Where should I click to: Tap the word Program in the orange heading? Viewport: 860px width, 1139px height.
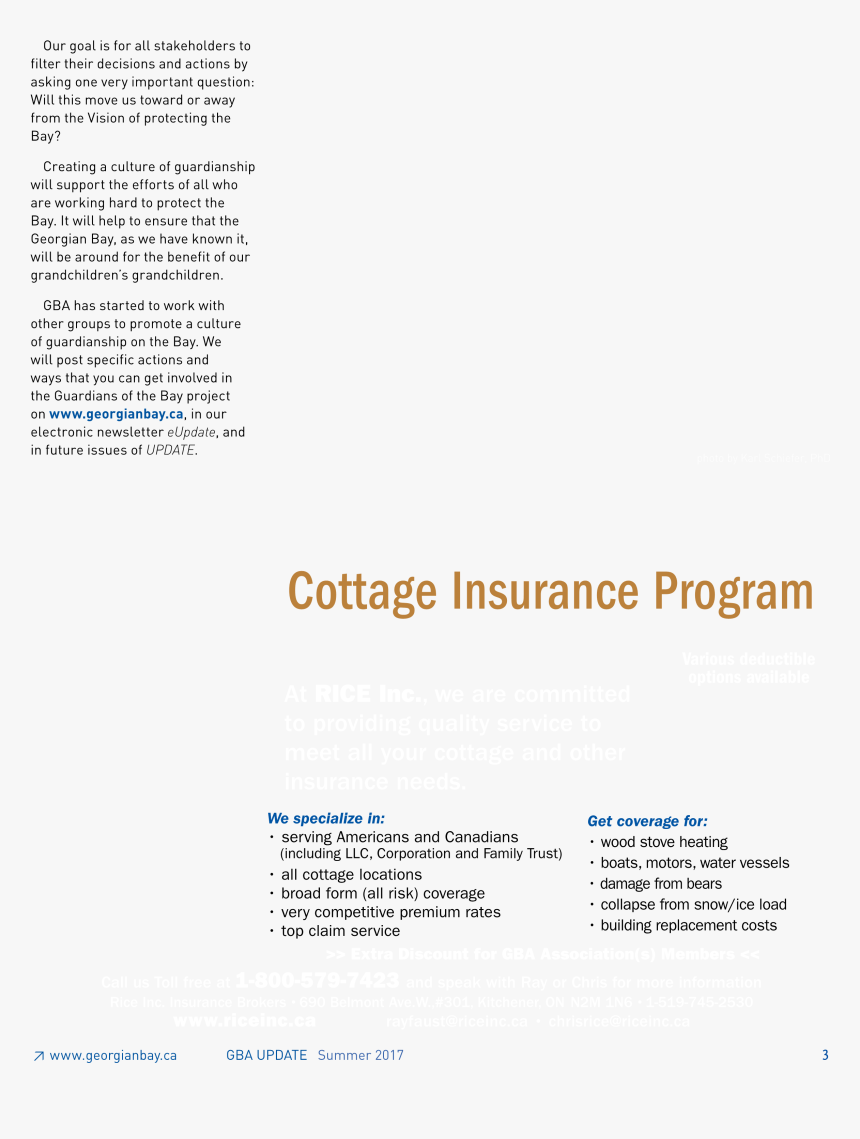[x=733, y=591]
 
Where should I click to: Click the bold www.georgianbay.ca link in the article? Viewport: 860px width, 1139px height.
[x=116, y=414]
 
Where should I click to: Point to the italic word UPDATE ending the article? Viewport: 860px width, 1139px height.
[x=170, y=450]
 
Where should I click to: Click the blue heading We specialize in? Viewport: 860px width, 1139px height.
[x=326, y=818]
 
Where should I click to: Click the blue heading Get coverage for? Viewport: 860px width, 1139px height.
[x=647, y=821]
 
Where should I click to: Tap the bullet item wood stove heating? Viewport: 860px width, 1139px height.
[x=664, y=842]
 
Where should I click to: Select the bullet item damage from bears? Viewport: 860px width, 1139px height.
[x=661, y=884]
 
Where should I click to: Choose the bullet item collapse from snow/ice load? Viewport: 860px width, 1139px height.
[x=693, y=905]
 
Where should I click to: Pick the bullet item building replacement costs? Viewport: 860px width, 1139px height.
[x=688, y=926]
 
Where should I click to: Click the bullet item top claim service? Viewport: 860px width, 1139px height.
[x=340, y=931]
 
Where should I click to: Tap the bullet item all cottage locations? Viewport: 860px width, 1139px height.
[x=351, y=875]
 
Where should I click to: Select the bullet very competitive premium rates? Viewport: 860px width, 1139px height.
[x=390, y=912]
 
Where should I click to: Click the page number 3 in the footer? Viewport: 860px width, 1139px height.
[x=825, y=1055]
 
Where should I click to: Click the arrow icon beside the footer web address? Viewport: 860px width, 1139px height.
[x=38, y=1056]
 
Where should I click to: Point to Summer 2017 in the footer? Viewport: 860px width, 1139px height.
[x=360, y=1055]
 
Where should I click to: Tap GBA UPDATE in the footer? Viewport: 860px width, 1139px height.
[x=266, y=1055]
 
